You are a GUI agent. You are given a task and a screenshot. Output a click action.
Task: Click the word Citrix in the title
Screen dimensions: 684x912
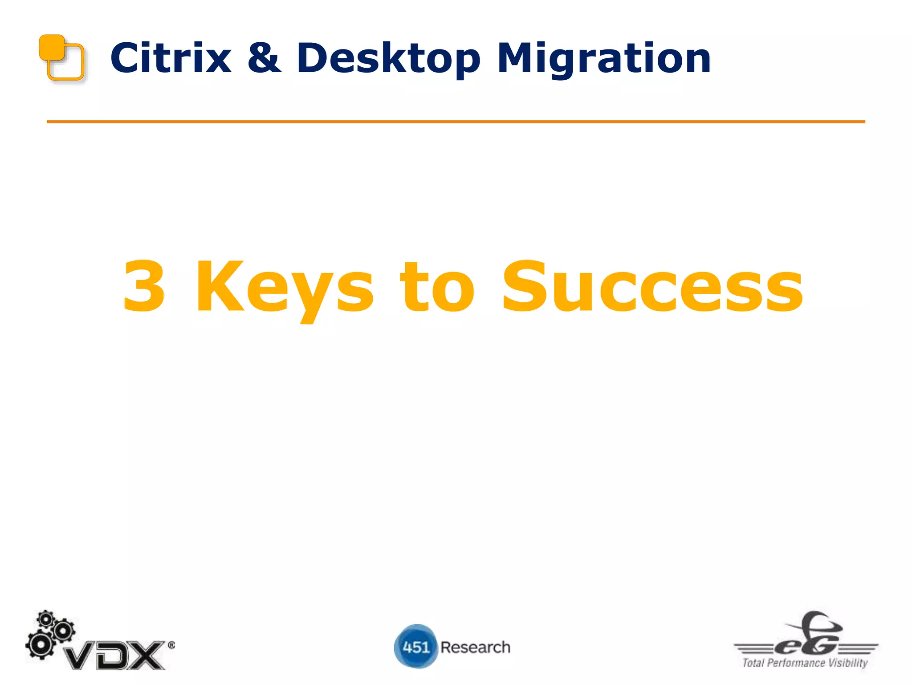tap(171, 58)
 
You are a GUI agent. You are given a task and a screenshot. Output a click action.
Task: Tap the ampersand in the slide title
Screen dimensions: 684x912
tap(264, 58)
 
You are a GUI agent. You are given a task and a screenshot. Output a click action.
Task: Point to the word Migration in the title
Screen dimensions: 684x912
tap(604, 59)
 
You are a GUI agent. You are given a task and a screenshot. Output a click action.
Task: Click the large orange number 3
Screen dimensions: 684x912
tap(144, 286)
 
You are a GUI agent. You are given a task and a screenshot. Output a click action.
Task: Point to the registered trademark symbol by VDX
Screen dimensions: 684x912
tap(171, 645)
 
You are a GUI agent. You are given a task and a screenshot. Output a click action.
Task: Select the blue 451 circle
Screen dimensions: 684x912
tap(415, 647)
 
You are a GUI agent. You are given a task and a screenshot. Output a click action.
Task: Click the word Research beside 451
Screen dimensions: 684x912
tap(475, 647)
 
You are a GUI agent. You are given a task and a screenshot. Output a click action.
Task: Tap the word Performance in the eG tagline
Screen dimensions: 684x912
tap(796, 663)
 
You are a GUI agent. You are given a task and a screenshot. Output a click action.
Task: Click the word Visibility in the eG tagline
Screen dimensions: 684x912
tap(848, 663)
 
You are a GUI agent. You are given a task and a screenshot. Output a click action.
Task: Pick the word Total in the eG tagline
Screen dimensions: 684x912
tap(753, 663)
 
